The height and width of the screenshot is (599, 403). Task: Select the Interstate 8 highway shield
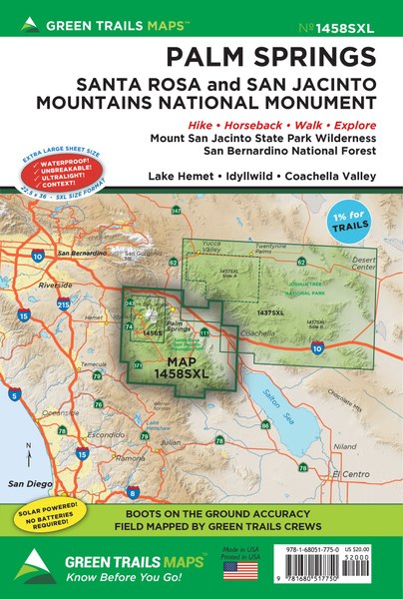click(133, 491)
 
